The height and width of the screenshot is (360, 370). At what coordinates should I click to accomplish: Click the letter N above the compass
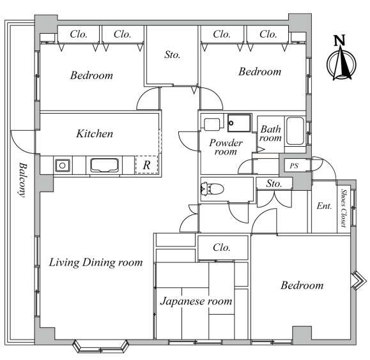point(339,40)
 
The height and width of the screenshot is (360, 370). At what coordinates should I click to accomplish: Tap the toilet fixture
point(212,189)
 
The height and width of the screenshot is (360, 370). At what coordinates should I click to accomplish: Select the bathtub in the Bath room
point(295,131)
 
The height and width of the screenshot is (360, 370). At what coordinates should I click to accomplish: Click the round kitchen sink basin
point(62,165)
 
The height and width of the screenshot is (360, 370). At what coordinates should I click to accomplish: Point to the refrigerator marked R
point(146,165)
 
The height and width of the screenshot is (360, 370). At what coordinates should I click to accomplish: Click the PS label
point(294,166)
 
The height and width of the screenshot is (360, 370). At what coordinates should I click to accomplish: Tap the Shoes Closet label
point(344,208)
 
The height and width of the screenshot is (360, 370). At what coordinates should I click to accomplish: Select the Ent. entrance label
point(324,206)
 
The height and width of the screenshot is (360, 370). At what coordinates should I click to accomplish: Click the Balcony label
point(22,179)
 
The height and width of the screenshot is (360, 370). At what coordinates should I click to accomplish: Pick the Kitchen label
point(95,133)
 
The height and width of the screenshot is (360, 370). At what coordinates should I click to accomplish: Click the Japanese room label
point(196,301)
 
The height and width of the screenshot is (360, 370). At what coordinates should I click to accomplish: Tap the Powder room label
point(226,147)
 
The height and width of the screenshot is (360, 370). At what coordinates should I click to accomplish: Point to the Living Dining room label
point(96,262)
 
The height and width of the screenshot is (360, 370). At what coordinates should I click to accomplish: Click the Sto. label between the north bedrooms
point(173,55)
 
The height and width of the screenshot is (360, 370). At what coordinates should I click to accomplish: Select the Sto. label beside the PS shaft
point(274,183)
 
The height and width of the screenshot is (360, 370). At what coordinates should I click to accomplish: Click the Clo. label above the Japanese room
point(221,247)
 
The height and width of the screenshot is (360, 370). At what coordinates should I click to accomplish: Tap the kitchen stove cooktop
point(104,165)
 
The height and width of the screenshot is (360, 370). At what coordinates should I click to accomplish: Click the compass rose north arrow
point(341,64)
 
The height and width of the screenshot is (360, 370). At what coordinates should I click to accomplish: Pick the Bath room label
point(271,133)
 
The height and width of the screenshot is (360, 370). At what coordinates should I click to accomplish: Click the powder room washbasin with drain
point(239,123)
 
